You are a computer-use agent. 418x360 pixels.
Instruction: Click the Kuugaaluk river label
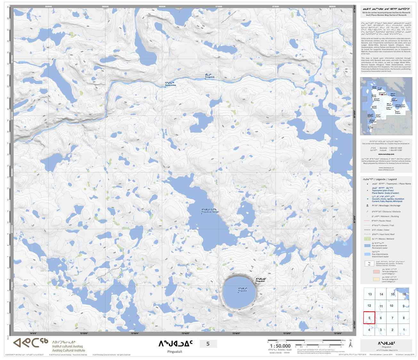209,76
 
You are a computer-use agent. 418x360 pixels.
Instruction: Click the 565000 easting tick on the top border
162,6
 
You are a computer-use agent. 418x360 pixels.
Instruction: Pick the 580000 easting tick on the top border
332,6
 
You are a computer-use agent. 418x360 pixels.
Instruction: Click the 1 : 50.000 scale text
280,346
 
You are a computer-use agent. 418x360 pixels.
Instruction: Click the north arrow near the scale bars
351,344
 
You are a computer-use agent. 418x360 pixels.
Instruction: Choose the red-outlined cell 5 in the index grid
369,318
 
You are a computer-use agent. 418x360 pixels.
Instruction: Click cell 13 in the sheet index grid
370,294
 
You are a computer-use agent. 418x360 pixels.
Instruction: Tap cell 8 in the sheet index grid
404,318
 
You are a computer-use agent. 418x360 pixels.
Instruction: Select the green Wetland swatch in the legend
367,239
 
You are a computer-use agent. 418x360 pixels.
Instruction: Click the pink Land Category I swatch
367,272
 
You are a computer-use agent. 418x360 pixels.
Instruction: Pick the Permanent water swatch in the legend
367,246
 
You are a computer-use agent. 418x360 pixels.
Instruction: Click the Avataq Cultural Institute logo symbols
30,343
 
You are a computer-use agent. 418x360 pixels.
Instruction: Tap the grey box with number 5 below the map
208,344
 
